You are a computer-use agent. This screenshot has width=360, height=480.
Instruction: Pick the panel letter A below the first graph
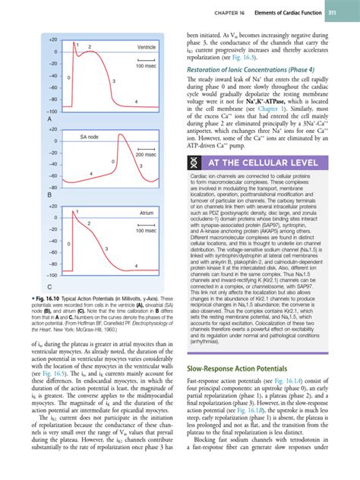tap(28, 120)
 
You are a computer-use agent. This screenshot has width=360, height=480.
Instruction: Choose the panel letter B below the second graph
tap(28, 196)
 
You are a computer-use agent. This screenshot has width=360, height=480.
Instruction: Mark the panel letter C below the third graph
tap(28, 286)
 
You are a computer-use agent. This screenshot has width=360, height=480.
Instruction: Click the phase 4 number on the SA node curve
tap(90, 175)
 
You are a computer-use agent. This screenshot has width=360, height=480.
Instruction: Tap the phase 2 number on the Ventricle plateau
tap(90, 48)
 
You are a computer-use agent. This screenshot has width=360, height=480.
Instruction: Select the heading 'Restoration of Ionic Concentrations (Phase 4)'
tap(257, 72)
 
